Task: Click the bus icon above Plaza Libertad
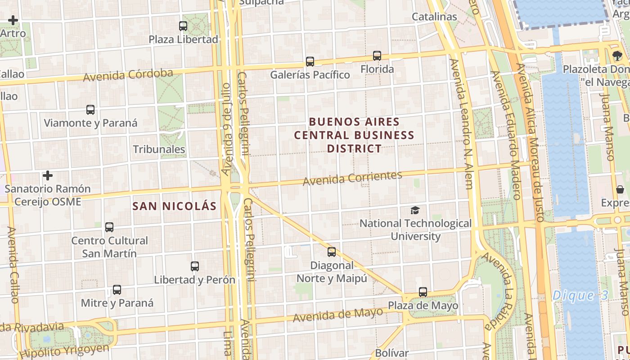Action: coord(183,26)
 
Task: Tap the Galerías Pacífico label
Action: coord(310,75)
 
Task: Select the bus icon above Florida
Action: coord(377,56)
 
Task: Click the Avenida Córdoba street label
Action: coord(128,75)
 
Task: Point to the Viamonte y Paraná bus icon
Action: coord(90,110)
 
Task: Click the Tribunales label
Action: coord(159,149)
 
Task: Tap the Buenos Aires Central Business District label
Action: coord(354,135)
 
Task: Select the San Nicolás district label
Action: coord(175,206)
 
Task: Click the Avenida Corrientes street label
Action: coord(352,178)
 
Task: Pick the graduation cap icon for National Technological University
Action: coord(415,210)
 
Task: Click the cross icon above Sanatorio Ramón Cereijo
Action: coord(48,175)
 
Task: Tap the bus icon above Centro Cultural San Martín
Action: coord(109,227)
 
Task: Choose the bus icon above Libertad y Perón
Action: coord(195,266)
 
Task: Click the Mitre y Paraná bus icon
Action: coord(117,290)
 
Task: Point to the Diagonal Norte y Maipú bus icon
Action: coord(332,252)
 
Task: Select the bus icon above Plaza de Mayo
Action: coord(423,292)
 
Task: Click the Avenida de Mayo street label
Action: coord(337,315)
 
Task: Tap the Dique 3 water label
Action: coord(580,296)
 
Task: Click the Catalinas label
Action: coord(434,17)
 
